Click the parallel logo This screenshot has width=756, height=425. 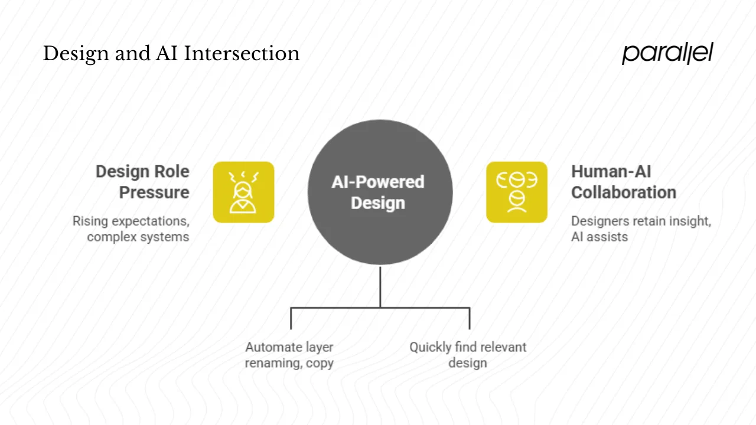click(667, 53)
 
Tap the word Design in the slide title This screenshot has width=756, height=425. click(67, 54)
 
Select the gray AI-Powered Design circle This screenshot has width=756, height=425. click(380, 192)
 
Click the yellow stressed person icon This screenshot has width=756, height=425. click(243, 192)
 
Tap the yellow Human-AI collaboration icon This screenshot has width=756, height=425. click(517, 192)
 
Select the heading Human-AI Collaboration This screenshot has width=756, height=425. click(623, 182)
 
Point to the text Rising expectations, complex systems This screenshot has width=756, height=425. click(131, 229)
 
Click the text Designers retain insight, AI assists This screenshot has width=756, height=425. click(641, 229)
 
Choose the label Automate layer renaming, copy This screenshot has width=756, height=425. click(289, 355)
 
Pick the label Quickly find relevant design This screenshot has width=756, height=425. click(468, 355)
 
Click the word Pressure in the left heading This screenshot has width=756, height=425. click(154, 192)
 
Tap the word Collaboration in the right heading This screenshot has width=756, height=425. click(623, 192)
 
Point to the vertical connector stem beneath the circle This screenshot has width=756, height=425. click(380, 286)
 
